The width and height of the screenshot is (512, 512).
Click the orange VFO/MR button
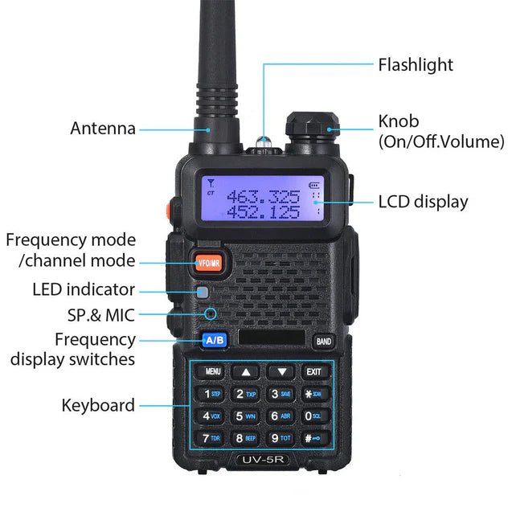(211, 261)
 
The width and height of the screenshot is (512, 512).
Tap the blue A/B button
(214, 339)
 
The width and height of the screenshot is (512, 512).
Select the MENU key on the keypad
(213, 371)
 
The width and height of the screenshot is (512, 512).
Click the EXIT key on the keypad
(313, 371)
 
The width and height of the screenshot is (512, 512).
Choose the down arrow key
(281, 371)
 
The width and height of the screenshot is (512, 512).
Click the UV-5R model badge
(262, 461)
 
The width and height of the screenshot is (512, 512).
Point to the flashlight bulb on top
(262, 144)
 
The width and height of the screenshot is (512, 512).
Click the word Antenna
(102, 128)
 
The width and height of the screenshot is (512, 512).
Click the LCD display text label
(423, 201)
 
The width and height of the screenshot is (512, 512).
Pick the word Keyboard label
(98, 405)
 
